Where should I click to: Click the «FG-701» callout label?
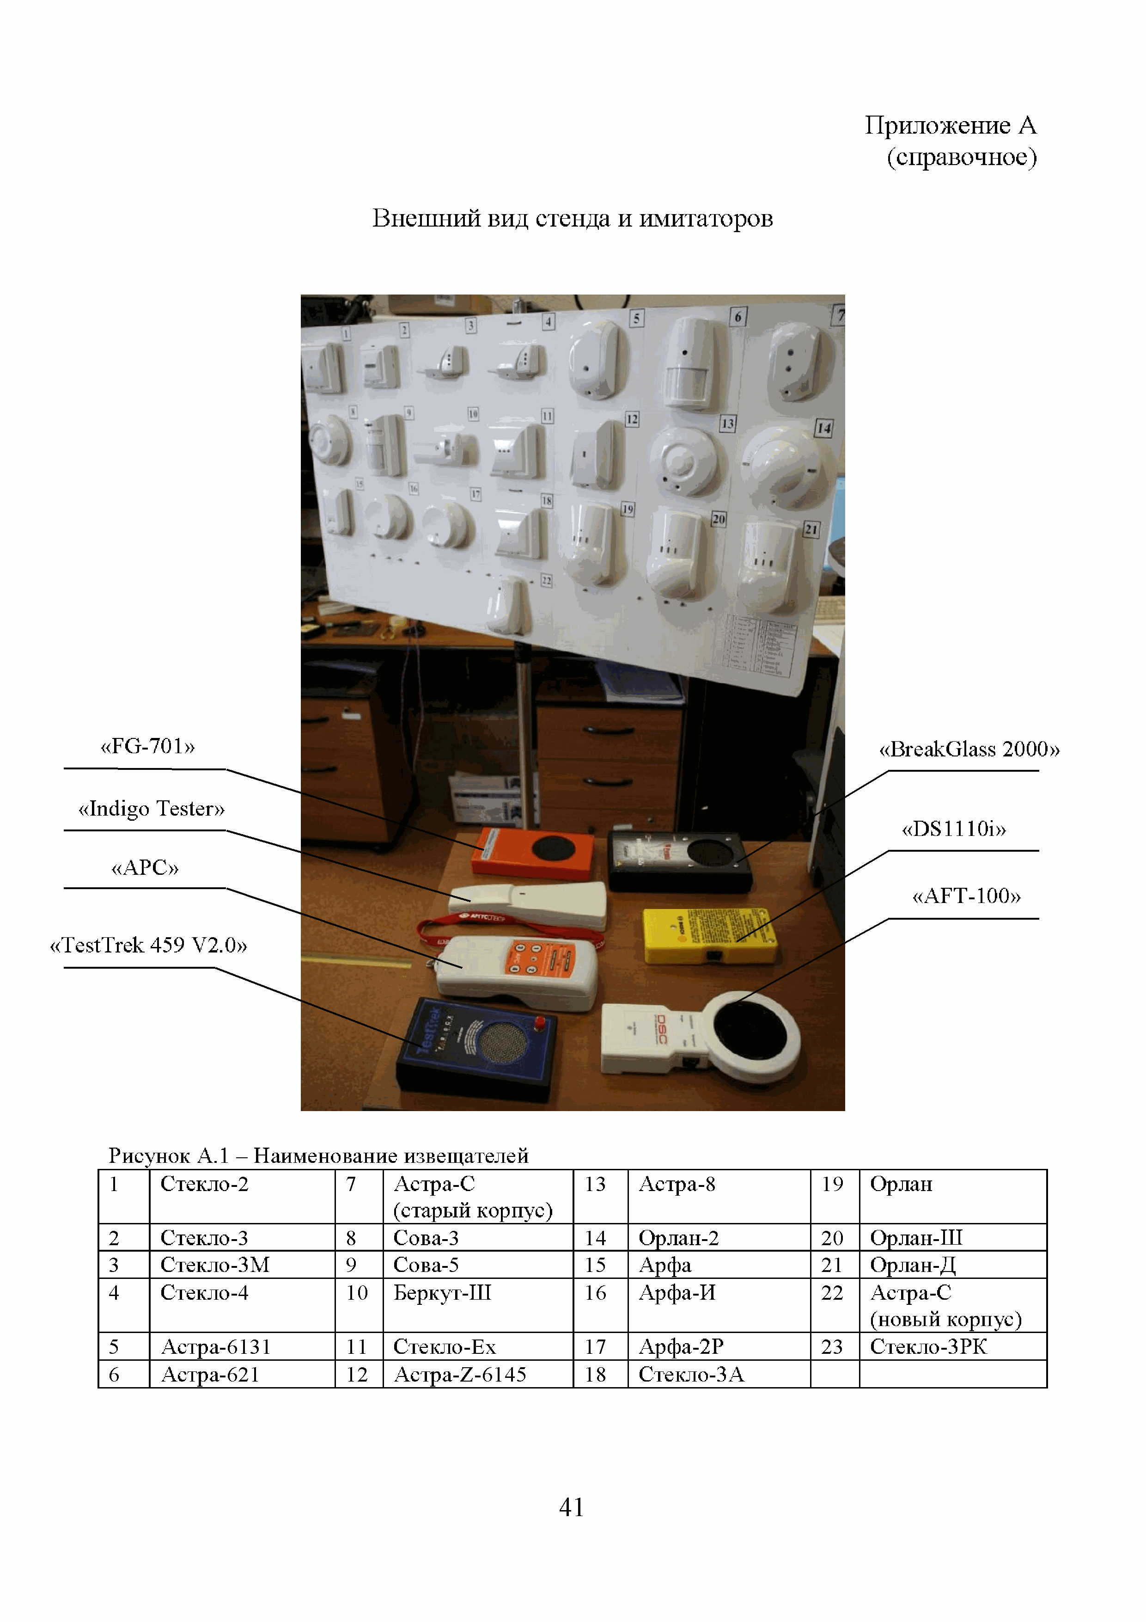click(x=147, y=747)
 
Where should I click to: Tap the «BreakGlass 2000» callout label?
click(x=969, y=750)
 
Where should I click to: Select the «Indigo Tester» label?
click(x=151, y=809)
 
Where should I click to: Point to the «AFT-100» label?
click(x=966, y=897)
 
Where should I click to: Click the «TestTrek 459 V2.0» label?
click(x=148, y=945)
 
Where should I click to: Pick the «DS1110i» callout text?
click(x=953, y=829)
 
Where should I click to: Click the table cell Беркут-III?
click(x=442, y=1293)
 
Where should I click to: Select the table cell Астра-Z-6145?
click(x=460, y=1375)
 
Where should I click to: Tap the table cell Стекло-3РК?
click(x=928, y=1347)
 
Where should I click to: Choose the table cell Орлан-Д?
click(x=912, y=1265)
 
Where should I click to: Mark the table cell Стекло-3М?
click(x=215, y=1265)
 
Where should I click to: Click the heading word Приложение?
click(x=937, y=126)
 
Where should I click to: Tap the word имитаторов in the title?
click(x=706, y=219)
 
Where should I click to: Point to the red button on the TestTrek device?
click(x=540, y=1022)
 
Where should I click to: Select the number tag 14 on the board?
click(x=823, y=428)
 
